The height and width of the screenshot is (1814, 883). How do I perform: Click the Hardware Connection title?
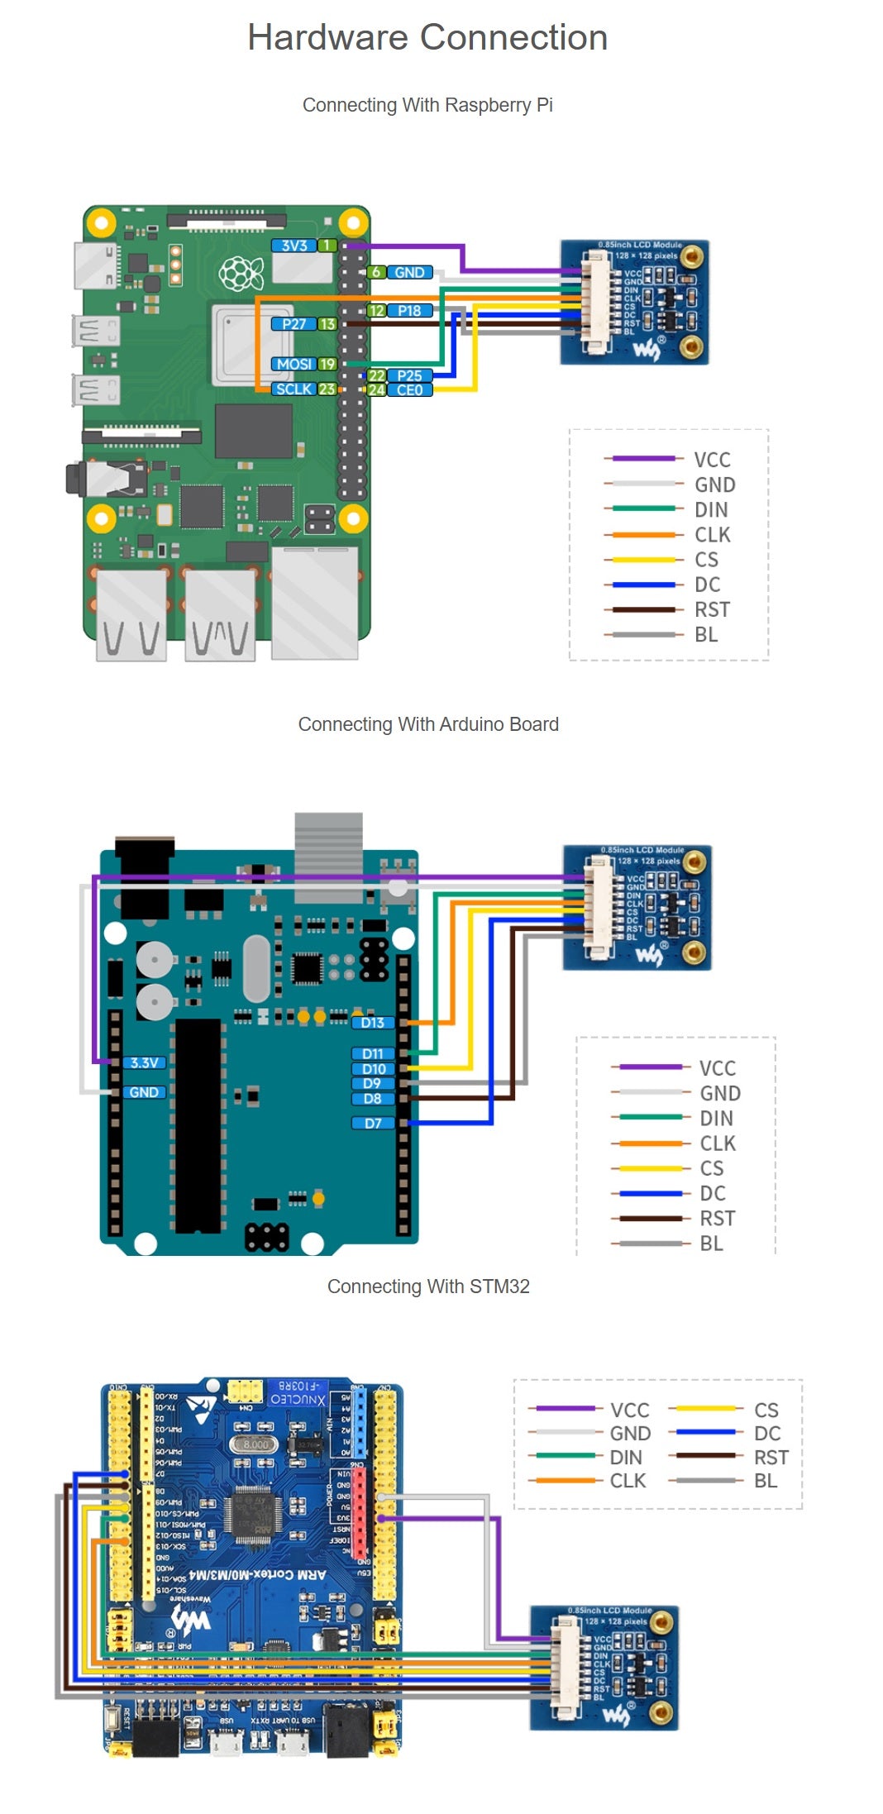(x=427, y=38)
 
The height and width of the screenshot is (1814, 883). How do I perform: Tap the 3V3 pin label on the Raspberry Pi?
(x=294, y=246)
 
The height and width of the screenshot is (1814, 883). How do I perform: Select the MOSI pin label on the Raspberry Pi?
(x=294, y=364)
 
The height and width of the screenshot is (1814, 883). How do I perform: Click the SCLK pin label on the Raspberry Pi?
(x=294, y=389)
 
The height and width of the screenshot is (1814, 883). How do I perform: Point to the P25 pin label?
(x=409, y=375)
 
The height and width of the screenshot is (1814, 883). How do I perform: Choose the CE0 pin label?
(x=409, y=389)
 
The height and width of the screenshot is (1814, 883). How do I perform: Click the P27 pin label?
(x=294, y=324)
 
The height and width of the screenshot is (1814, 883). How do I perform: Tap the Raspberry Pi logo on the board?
(x=241, y=273)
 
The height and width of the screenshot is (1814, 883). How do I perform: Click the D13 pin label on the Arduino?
(x=373, y=1023)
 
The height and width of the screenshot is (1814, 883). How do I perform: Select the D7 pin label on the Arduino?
(x=373, y=1123)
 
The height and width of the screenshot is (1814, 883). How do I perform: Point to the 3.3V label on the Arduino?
(x=144, y=1062)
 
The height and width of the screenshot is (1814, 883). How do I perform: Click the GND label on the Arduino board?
(x=144, y=1092)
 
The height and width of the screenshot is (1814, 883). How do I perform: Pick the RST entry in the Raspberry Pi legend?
(x=712, y=609)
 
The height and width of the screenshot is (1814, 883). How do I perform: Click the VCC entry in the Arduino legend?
(x=717, y=1068)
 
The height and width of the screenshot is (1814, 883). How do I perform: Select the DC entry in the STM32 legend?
(x=766, y=1433)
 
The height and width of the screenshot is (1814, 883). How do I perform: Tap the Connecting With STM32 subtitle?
(x=428, y=1287)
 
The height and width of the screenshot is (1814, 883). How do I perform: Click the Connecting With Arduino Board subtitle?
(x=428, y=724)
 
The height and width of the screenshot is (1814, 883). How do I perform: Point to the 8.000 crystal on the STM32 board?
(x=255, y=1444)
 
